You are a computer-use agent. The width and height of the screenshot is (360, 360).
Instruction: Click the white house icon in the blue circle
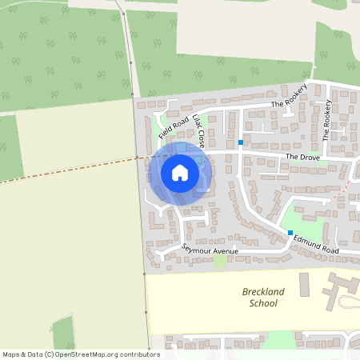180,173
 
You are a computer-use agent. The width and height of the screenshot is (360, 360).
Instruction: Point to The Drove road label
303,157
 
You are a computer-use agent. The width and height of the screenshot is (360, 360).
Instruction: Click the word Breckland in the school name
263,292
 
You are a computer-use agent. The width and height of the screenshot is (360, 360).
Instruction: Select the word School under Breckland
263,304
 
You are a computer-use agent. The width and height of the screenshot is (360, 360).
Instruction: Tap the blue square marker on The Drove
240,142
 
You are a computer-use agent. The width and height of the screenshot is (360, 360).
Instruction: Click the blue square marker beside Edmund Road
290,233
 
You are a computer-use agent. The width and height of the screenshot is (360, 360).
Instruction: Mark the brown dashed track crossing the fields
72,170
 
